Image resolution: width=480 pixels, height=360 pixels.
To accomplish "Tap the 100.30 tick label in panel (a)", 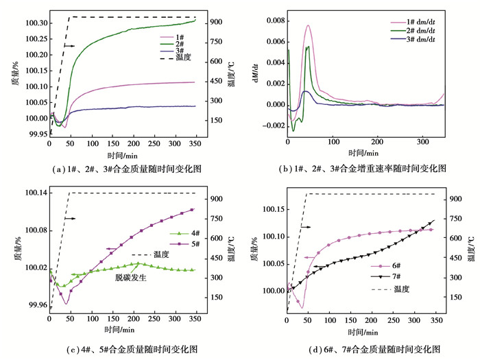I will pyautogui.click(x=34, y=23).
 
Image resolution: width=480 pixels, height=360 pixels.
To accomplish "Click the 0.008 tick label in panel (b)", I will pyautogui.click(x=272, y=21).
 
